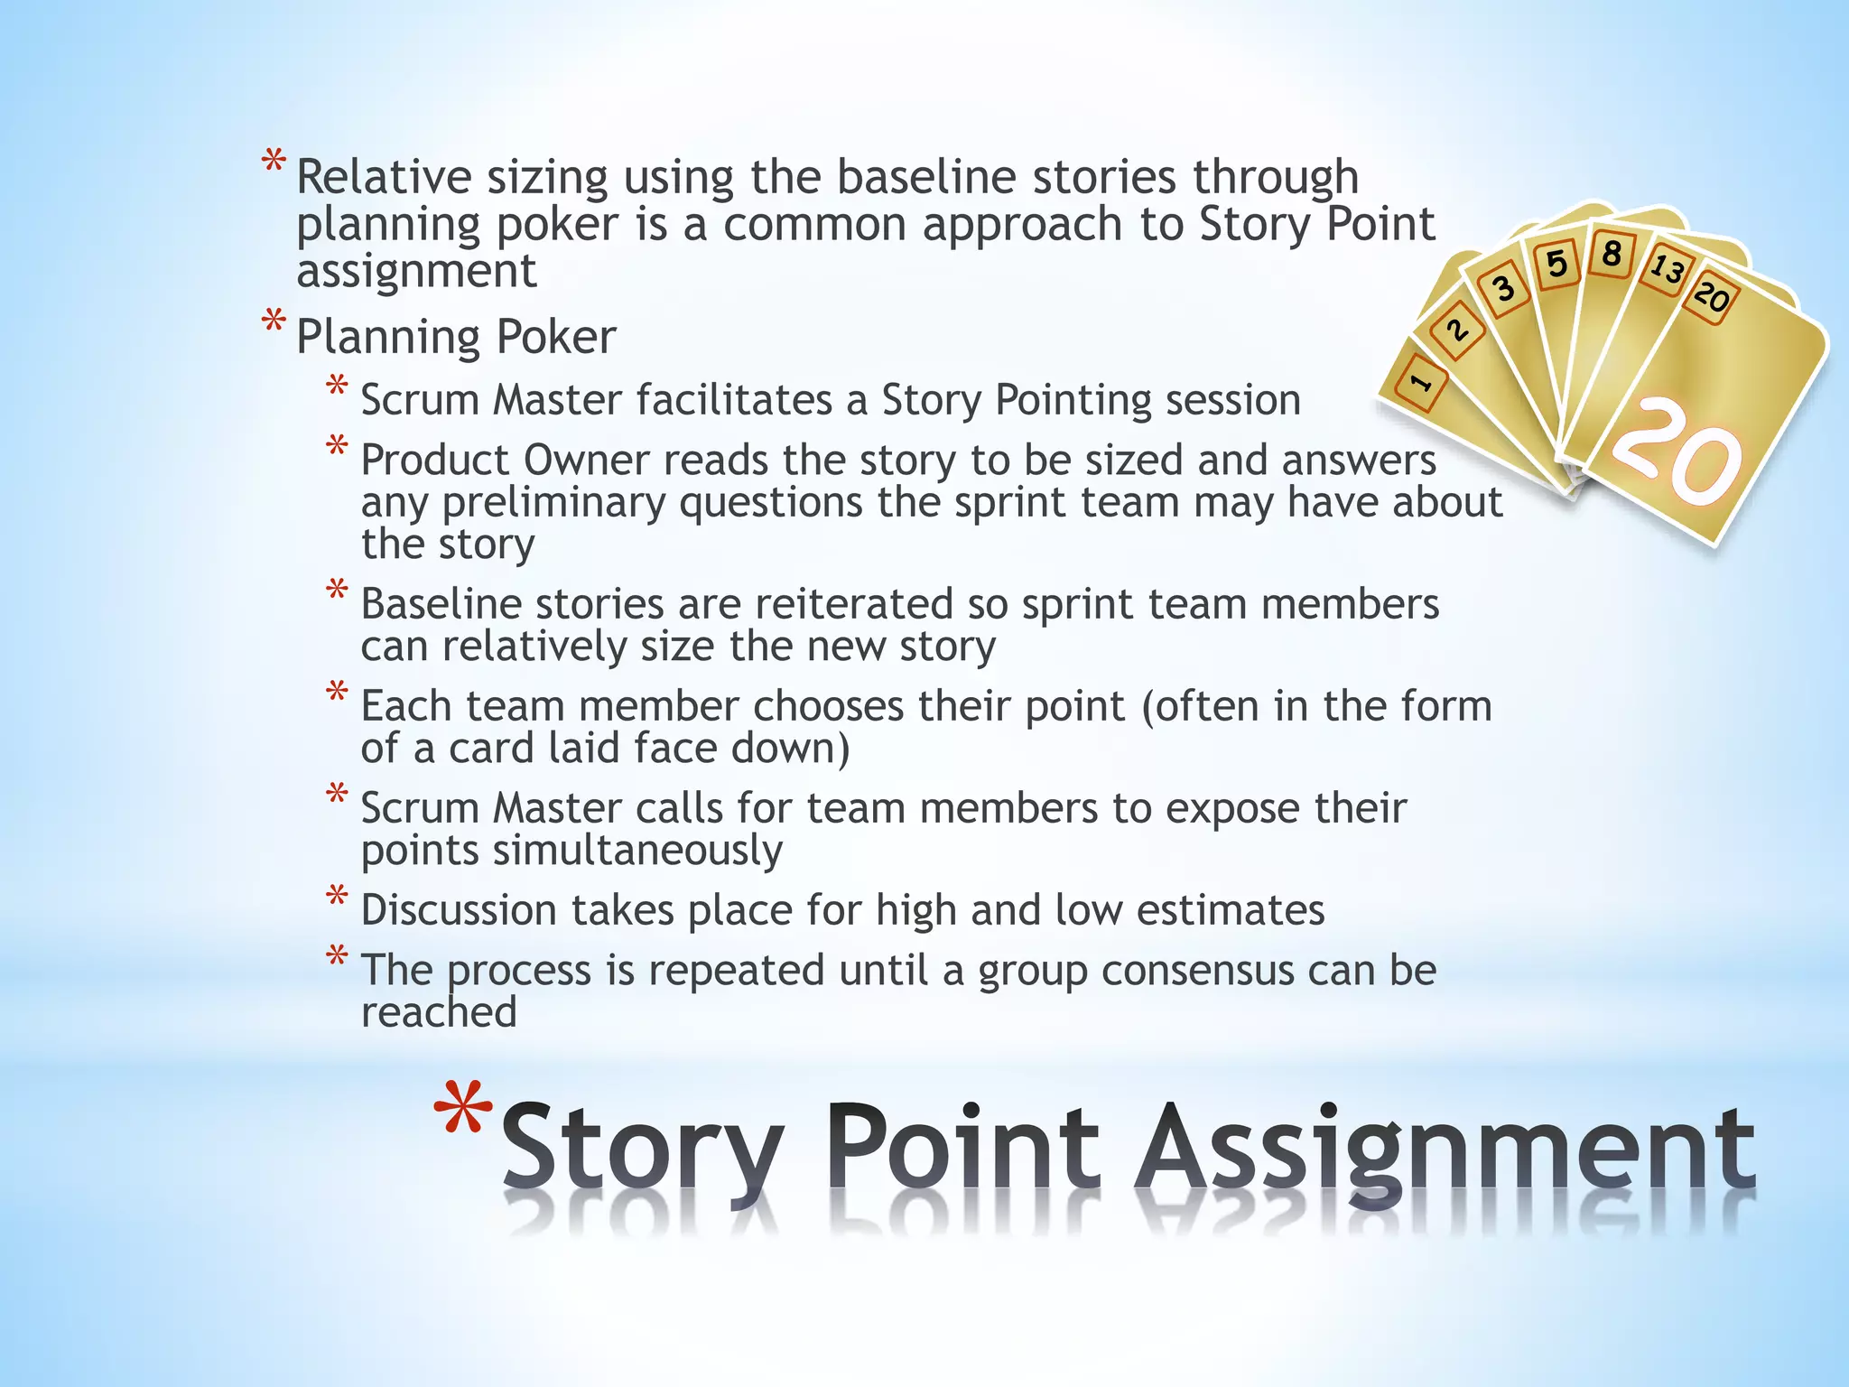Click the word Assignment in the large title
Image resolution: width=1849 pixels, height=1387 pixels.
[x=1445, y=1151]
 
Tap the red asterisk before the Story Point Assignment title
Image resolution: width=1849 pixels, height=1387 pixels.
[x=463, y=1112]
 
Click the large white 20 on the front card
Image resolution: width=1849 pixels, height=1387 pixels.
[x=1677, y=451]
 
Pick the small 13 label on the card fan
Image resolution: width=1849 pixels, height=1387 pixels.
[x=1667, y=269]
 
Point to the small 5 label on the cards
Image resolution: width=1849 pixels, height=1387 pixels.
[x=1556, y=264]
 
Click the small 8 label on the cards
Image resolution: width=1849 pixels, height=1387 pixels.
[x=1612, y=254]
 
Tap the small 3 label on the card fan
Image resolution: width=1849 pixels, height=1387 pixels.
[x=1503, y=289]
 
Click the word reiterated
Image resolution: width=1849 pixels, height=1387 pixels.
[x=853, y=604]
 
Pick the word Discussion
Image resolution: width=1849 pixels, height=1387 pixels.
[x=459, y=910]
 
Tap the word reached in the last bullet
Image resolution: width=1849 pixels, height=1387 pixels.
[x=439, y=1012]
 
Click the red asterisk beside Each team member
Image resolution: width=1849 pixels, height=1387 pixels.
[x=337, y=693]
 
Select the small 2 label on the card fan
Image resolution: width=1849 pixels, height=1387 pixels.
[x=1457, y=330]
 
